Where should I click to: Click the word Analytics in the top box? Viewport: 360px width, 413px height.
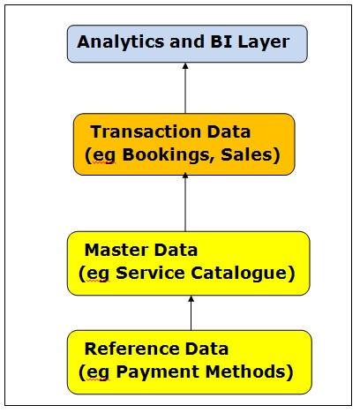tap(121, 42)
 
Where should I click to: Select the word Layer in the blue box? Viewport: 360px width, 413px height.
tap(264, 42)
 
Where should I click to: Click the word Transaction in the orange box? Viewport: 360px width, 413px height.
tap(146, 131)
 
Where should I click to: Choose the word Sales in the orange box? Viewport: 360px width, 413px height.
tap(246, 154)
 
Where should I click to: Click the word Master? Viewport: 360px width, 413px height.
tap(116, 250)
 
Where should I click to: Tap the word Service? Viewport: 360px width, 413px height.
tap(150, 273)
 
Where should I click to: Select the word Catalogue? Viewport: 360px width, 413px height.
tap(239, 274)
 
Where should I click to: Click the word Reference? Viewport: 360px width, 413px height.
tap(131, 349)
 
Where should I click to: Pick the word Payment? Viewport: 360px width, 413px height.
tap(158, 372)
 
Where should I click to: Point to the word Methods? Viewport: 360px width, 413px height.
tap(245, 372)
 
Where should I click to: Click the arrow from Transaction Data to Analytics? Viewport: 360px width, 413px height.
tap(185, 88)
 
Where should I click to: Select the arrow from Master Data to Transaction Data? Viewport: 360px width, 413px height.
tap(185, 202)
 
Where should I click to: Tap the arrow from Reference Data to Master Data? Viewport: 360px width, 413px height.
tap(191, 312)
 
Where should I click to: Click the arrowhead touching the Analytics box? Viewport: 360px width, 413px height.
tap(185, 66)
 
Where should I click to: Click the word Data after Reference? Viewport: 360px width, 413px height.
tap(206, 349)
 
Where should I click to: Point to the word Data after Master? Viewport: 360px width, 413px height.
tap(176, 250)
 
